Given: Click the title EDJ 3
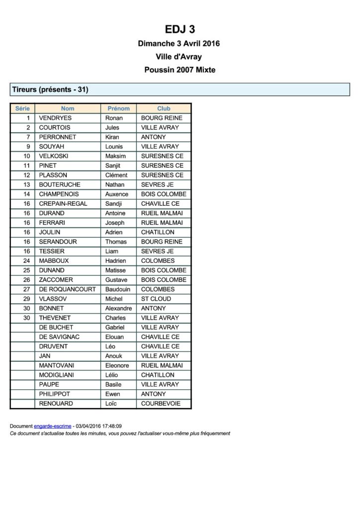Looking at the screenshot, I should pyautogui.click(x=180, y=29).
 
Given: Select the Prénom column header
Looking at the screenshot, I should pyautogui.click(x=118, y=108).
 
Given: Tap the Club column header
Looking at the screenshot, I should pyautogui.click(x=164, y=108).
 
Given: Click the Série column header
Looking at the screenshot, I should pyautogui.click(x=22, y=108).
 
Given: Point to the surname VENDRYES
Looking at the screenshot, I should pyautogui.click(x=55, y=118).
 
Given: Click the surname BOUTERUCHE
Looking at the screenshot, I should pyautogui.click(x=60, y=184).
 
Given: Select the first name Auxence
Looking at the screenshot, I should pyautogui.click(x=116, y=194).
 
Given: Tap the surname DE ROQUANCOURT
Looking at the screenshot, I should pyautogui.click(x=67, y=289).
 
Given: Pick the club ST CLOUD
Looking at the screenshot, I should pyautogui.click(x=156, y=299).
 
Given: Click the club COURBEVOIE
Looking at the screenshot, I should pyautogui.click(x=161, y=404).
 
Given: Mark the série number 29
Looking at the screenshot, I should pyautogui.click(x=27, y=299).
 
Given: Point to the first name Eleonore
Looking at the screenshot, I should pyautogui.click(x=117, y=365).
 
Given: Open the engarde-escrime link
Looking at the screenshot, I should pyautogui.click(x=52, y=426).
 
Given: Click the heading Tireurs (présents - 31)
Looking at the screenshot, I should pyautogui.click(x=50, y=90).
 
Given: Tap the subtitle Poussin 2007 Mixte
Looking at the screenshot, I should pyautogui.click(x=180, y=70).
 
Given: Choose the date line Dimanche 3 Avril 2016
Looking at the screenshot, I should pyautogui.click(x=179, y=44).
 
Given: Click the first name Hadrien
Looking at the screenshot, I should pyautogui.click(x=115, y=260).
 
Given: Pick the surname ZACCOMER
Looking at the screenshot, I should pyautogui.click(x=56, y=280).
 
